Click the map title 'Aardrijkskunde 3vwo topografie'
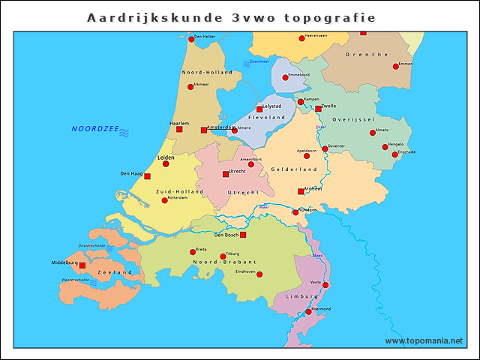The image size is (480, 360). pos(231,16)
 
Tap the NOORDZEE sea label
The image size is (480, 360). pos(95,129)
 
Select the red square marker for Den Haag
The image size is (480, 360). pos(147,176)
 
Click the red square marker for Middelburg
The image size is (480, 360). pos(82,265)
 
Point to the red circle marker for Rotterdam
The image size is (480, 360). pos(164,200)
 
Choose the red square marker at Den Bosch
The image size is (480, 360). pos(242,235)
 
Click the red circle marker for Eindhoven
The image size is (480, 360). pos(259,274)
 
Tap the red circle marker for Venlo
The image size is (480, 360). pos(325,284)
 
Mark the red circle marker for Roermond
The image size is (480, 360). pos(308,311)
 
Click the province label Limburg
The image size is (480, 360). pos(302,297)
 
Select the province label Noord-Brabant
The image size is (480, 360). pos(220,262)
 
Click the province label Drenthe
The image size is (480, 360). pos(367,55)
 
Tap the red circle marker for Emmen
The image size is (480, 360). pos(396,67)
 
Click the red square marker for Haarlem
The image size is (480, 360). pos(179,129)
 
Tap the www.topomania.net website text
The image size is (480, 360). pos(424,340)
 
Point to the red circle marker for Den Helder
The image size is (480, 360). pos(191,39)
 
